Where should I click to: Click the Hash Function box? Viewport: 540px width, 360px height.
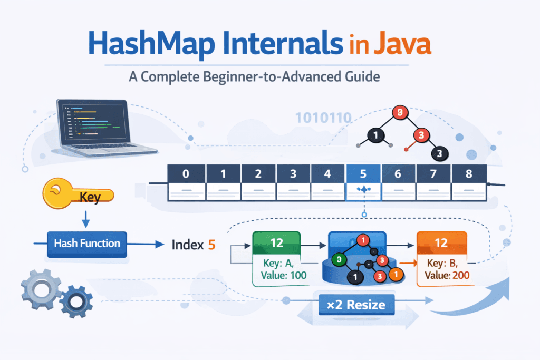pos(87,244)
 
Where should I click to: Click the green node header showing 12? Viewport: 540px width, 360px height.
pos(277,243)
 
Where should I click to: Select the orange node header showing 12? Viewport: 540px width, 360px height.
pos(441,243)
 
